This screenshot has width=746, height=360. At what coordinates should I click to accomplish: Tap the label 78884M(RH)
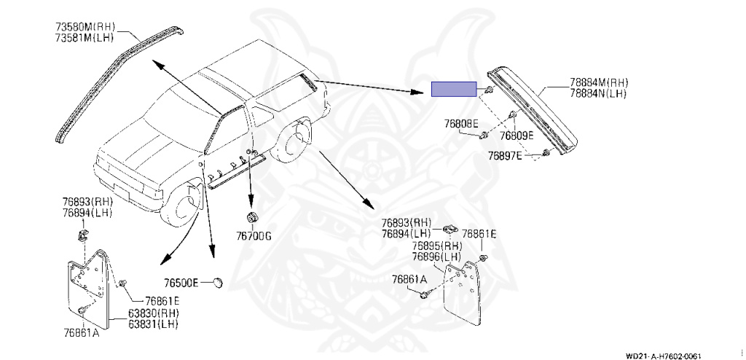click(599, 84)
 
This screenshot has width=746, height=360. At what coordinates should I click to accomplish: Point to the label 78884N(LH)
click(598, 94)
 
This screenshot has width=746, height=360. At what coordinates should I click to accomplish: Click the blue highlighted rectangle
click(453, 89)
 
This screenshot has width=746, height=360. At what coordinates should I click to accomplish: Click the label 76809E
click(517, 136)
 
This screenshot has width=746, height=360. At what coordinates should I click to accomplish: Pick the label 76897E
click(505, 155)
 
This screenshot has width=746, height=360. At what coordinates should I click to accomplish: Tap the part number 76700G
click(253, 235)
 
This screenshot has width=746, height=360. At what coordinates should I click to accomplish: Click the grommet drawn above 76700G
click(252, 217)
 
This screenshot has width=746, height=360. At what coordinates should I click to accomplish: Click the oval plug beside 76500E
click(216, 282)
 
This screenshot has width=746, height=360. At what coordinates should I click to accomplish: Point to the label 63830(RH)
click(154, 313)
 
